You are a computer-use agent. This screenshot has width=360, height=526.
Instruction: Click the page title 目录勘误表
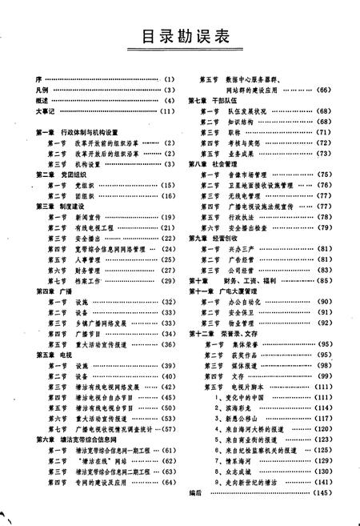point(180,37)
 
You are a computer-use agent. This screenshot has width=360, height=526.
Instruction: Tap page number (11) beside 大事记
point(167,111)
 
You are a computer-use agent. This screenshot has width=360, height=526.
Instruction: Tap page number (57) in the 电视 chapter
point(169,428)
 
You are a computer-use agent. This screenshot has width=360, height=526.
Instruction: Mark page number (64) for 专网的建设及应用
point(169,482)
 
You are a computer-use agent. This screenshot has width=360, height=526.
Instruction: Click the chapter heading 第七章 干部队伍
point(215,100)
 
